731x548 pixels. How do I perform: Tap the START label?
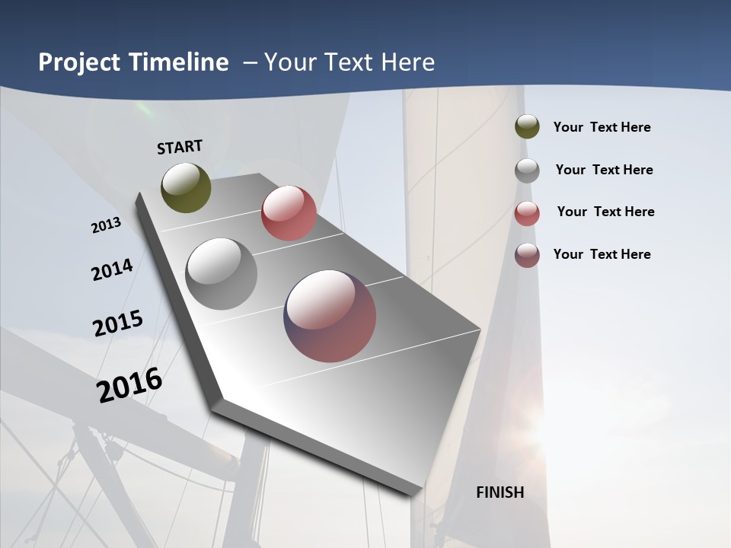coord(180,147)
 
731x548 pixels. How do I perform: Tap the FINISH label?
coord(500,492)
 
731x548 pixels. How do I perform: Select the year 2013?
coord(106,225)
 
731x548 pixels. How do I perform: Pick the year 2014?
coord(112,269)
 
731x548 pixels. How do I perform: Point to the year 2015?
coord(118,323)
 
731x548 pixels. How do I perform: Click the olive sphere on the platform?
coord(186,188)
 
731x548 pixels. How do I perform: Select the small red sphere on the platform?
coord(289,213)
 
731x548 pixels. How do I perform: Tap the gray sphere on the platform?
coord(222,274)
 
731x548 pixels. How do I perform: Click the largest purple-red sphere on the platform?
coord(330,316)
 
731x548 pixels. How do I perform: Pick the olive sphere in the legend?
coord(527,127)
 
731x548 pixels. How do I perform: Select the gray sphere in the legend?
coord(527,170)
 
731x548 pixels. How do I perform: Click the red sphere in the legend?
coord(527,213)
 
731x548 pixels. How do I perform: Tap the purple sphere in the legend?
coord(527,255)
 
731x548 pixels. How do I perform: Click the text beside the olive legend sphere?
coord(602,128)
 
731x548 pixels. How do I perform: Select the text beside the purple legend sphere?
coord(602,254)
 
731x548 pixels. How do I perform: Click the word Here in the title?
coord(407,62)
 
